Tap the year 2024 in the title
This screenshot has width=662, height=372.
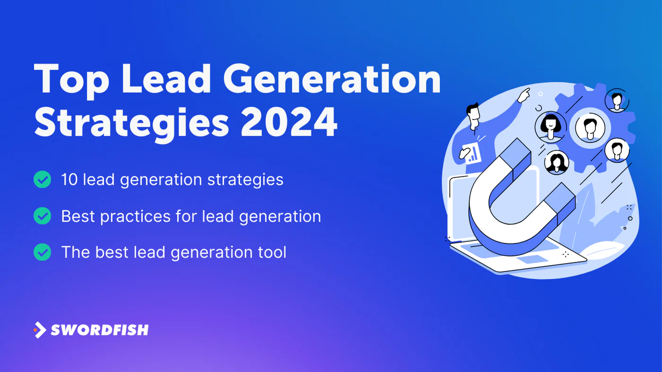[x=289, y=122]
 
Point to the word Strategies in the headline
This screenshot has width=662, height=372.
[x=131, y=124]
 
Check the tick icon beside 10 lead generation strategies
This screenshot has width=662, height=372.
[x=42, y=179]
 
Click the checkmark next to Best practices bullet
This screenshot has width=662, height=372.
[x=42, y=216]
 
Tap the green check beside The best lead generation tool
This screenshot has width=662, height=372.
[x=42, y=252]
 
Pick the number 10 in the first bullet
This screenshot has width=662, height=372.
[x=70, y=179]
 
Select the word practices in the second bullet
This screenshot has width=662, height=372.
[x=135, y=217]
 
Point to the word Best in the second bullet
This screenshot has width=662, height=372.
[x=78, y=216]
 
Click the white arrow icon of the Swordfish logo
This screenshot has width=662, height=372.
[x=40, y=330]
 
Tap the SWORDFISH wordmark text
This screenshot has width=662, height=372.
[x=100, y=330]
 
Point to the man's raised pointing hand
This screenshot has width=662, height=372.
[x=523, y=95]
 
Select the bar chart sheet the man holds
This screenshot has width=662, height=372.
[x=472, y=153]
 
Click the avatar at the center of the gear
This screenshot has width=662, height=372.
[x=590, y=128]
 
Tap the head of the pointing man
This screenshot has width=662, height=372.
[x=474, y=116]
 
